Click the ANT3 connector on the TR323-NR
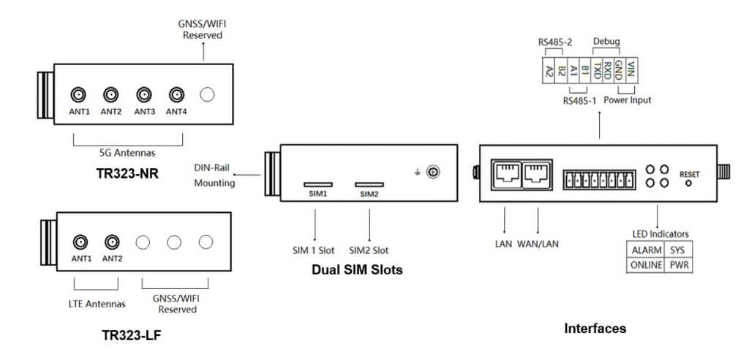[x=143, y=94]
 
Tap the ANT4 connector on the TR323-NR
[x=176, y=94]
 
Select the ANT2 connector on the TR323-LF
[x=111, y=241]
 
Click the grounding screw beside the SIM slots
[x=432, y=172]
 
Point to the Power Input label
[x=628, y=100]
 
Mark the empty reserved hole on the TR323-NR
[x=208, y=94]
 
